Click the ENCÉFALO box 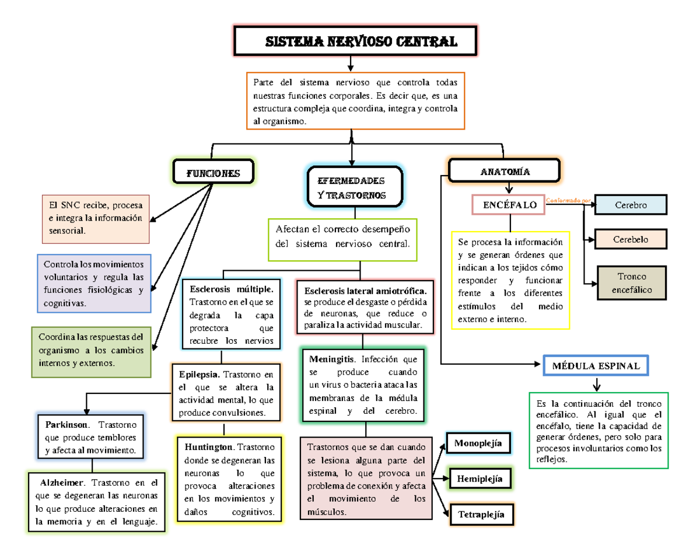(510, 205)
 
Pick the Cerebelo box (630, 240)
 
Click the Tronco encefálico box (631, 283)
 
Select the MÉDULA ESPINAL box (595, 366)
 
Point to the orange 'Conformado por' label (568, 201)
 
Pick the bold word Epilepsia (199, 374)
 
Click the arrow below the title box (350, 64)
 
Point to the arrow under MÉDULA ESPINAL (596, 385)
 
